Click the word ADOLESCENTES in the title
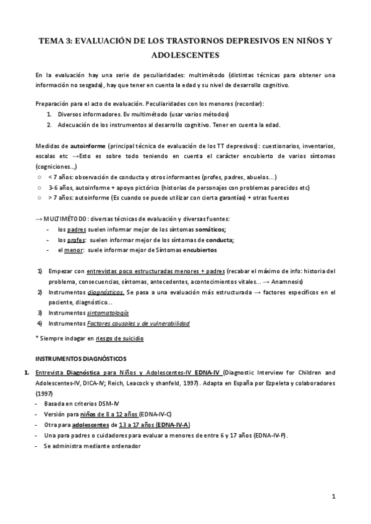(185, 54)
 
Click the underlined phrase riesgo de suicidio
(122, 338)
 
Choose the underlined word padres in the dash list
(77, 229)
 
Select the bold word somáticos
(204, 229)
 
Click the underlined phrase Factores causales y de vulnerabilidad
(139, 323)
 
